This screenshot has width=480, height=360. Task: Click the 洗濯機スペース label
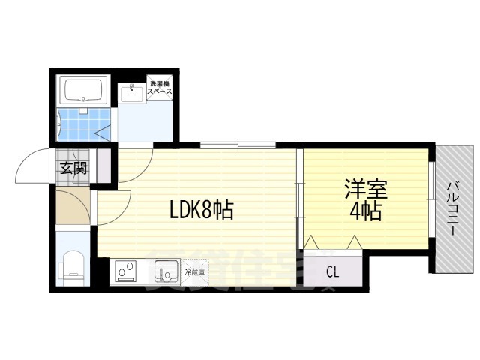[160, 86]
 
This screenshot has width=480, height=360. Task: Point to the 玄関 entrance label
[73, 168]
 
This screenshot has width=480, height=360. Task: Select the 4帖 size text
[365, 212]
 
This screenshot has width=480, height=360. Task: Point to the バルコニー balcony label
[454, 209]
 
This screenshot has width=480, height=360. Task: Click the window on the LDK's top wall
[238, 145]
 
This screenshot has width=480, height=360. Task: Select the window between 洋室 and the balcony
[432, 199]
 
